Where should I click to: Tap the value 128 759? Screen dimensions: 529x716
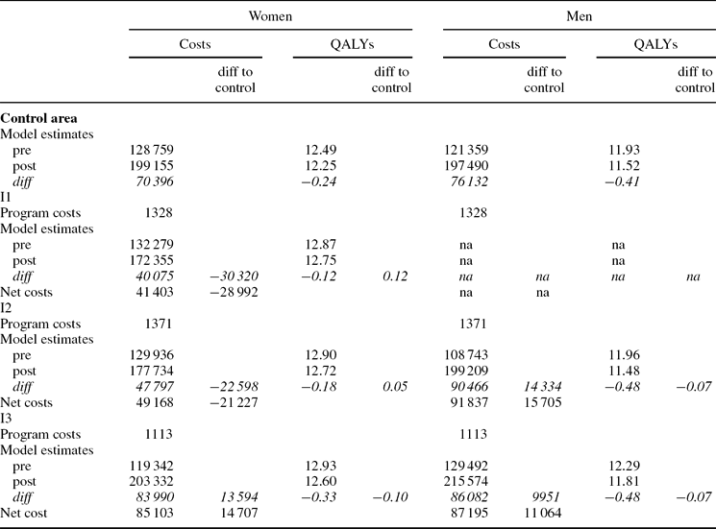(x=150, y=150)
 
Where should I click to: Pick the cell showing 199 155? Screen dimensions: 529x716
(x=150, y=166)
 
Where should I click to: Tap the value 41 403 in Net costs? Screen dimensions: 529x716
(x=152, y=291)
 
